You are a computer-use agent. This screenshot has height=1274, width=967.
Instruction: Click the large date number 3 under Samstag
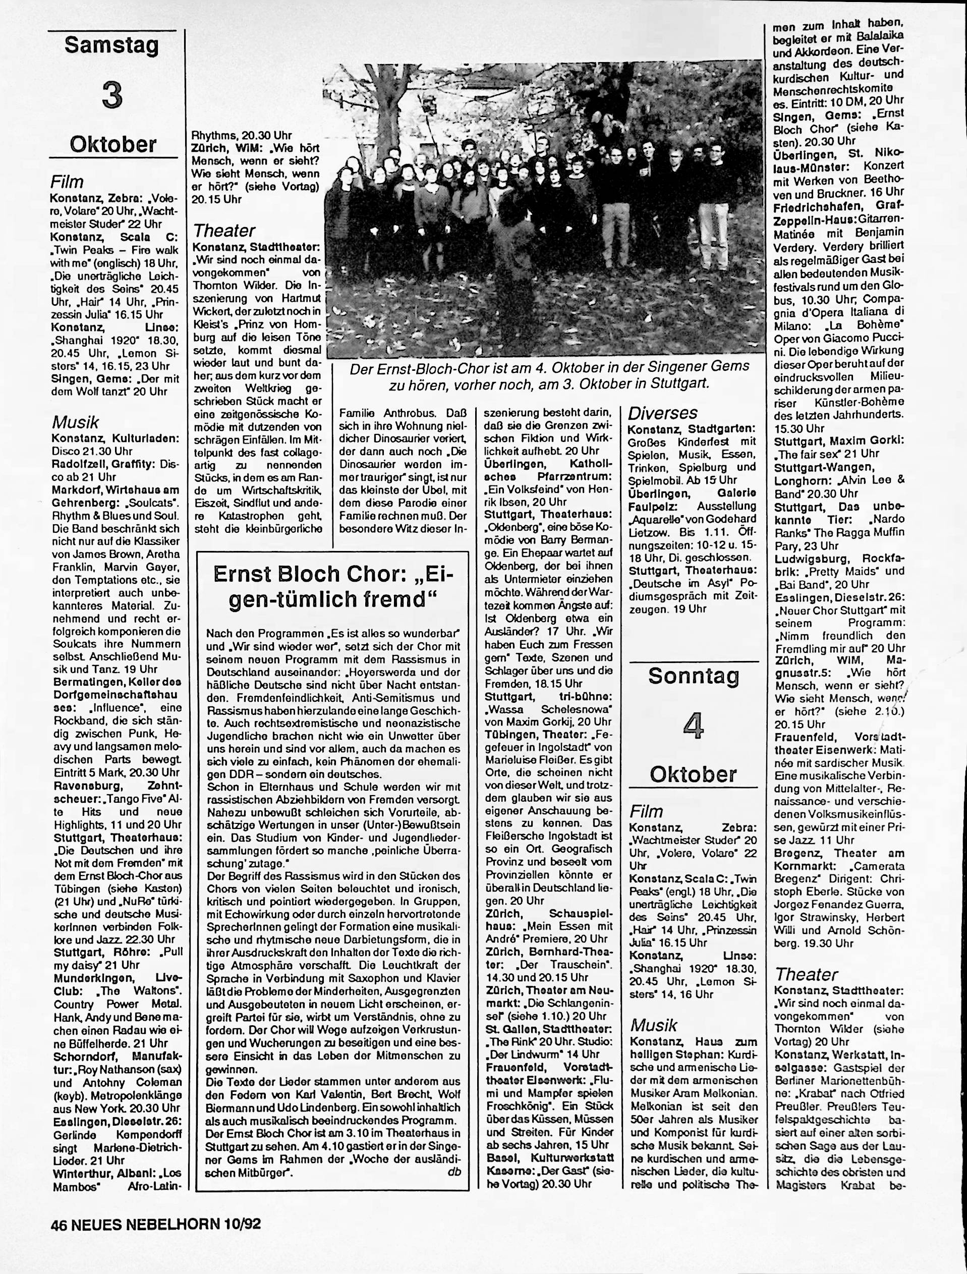click(112, 95)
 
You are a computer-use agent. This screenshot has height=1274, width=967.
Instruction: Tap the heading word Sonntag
click(694, 676)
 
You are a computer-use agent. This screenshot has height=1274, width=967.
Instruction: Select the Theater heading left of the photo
click(224, 231)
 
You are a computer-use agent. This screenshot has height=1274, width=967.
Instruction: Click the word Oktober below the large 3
click(113, 144)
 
